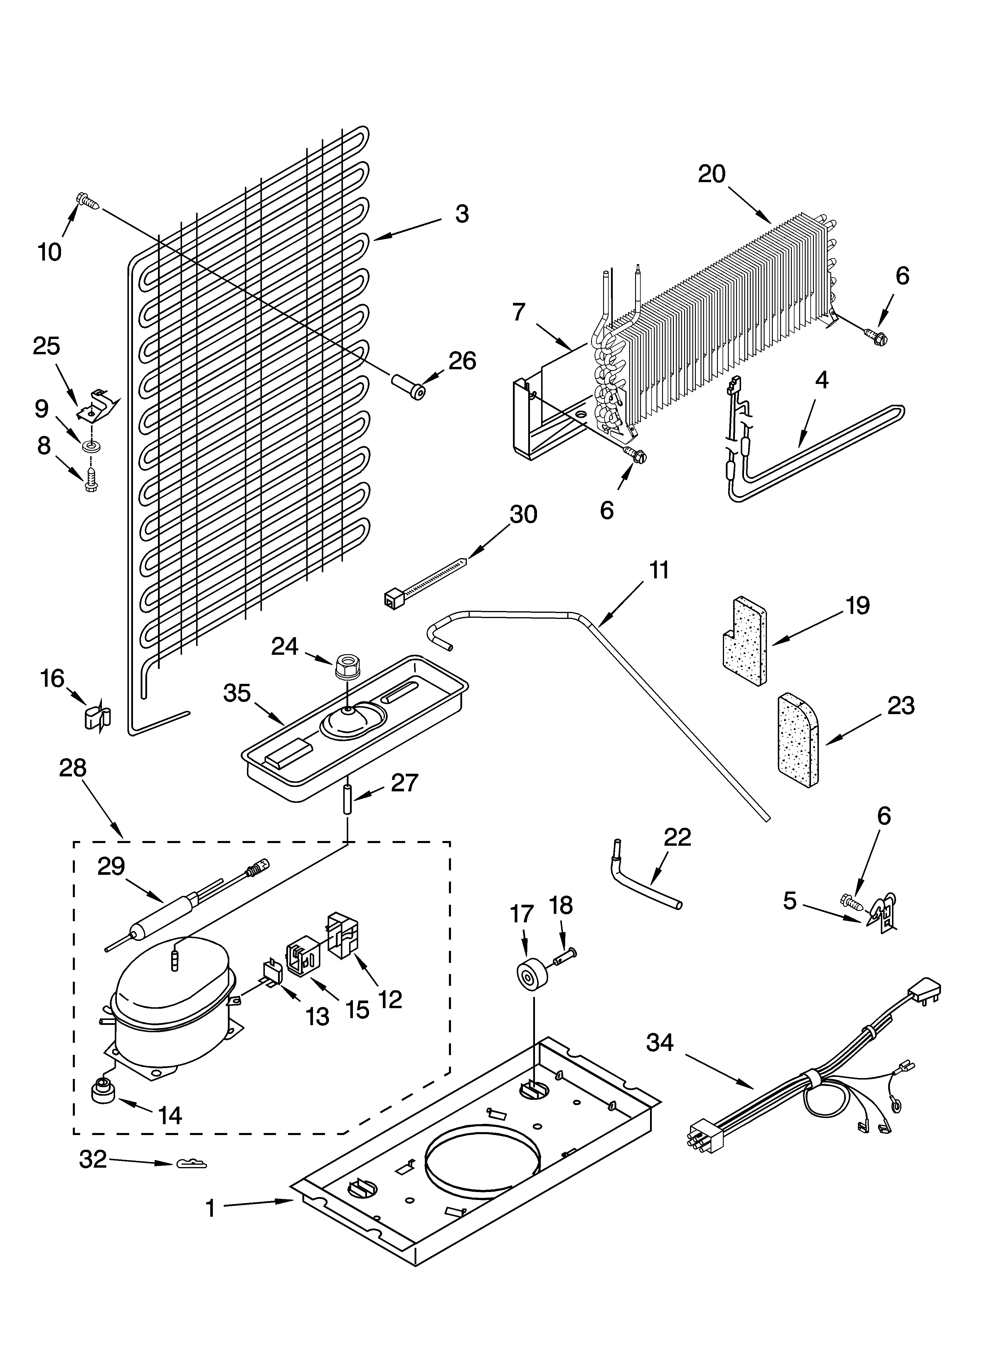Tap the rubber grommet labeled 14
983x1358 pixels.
click(x=103, y=1091)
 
